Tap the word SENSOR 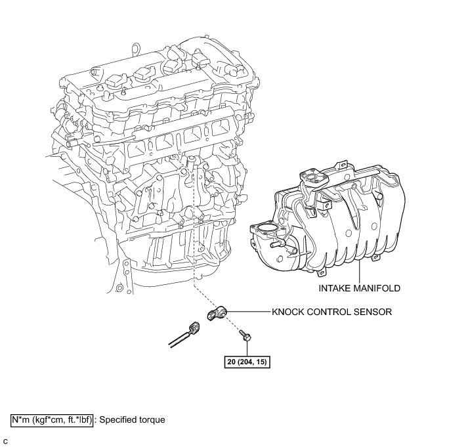pos(373,312)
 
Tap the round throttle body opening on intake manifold pos(264,232)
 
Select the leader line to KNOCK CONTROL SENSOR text pos(248,312)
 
